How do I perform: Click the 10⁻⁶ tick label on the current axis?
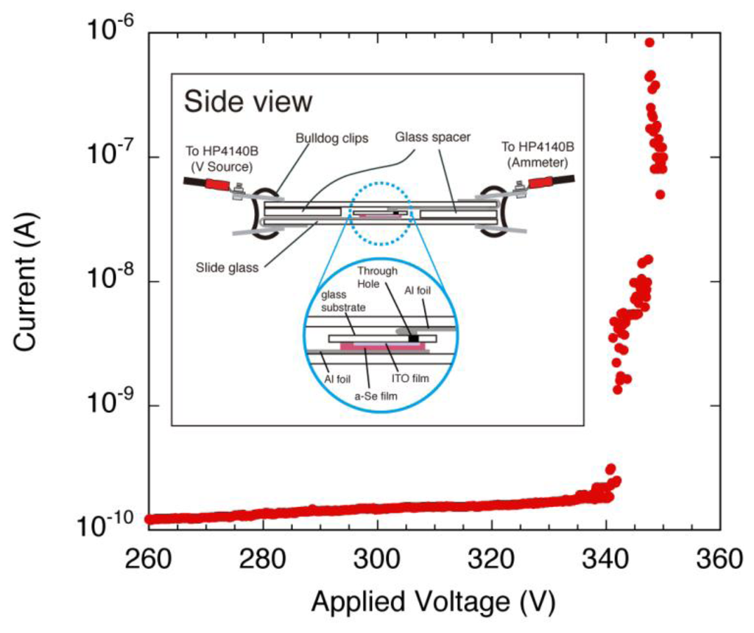[x=111, y=30]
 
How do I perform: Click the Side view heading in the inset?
[x=248, y=101]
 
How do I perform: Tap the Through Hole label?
[x=377, y=277]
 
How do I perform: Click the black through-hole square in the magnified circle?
[x=413, y=338]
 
